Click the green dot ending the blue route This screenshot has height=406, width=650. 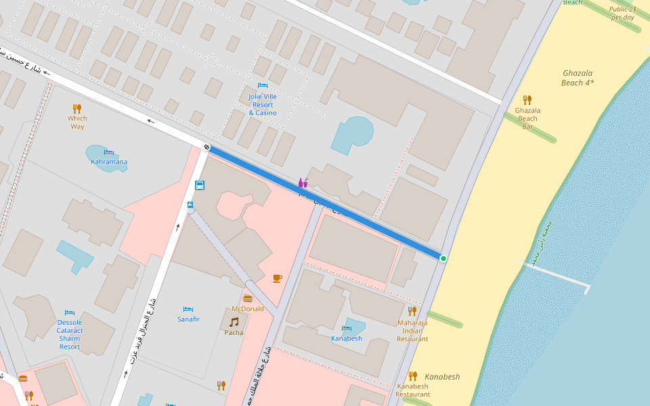[443, 258]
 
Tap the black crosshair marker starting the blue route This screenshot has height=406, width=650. [207, 148]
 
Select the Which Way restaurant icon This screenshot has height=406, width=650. [77, 108]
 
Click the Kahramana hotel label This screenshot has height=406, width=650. [109, 162]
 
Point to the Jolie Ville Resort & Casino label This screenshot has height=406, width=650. [263, 105]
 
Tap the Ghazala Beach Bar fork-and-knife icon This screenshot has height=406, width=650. [527, 99]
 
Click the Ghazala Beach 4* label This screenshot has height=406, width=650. [578, 78]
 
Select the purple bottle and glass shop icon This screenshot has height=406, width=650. [303, 183]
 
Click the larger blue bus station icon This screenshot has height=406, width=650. [200, 185]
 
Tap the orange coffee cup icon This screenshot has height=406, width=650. [277, 278]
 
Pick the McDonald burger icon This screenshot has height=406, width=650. [248, 298]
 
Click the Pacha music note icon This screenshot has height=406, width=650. [234, 322]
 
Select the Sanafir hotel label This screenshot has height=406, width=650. [188, 319]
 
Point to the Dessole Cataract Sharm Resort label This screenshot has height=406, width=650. [70, 334]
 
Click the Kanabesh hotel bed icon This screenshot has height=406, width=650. [347, 328]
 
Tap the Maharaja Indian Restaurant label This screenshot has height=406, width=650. [412, 331]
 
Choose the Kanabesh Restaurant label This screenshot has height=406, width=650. [413, 390]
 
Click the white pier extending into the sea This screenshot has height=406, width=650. [555, 273]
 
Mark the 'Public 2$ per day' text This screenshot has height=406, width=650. [623, 14]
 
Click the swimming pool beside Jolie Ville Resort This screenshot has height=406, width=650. [353, 134]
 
